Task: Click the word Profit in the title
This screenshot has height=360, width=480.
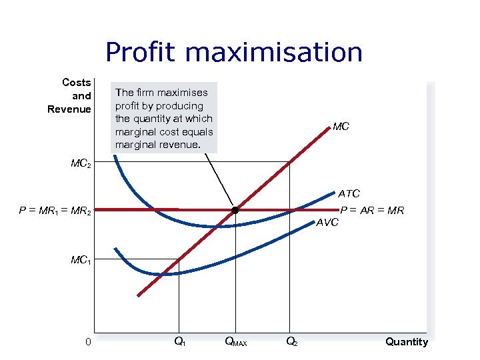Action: click(139, 53)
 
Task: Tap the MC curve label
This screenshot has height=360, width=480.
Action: click(341, 127)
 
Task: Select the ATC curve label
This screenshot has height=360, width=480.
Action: click(349, 194)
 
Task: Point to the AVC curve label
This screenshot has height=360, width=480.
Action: click(327, 222)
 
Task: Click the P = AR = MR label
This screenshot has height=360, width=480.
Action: click(372, 211)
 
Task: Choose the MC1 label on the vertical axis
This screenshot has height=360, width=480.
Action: click(81, 260)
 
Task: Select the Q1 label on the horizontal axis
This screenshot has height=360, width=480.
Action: click(179, 342)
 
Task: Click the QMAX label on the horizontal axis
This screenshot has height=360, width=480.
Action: click(235, 343)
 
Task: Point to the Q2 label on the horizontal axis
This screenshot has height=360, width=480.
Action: click(291, 342)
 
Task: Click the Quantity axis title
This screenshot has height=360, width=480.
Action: click(406, 342)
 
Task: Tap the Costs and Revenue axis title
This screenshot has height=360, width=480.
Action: click(69, 96)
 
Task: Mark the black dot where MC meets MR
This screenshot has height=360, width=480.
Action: click(235, 211)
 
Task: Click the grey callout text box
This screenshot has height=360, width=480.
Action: click(164, 118)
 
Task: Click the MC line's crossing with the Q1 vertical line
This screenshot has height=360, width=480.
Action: click(179, 259)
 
